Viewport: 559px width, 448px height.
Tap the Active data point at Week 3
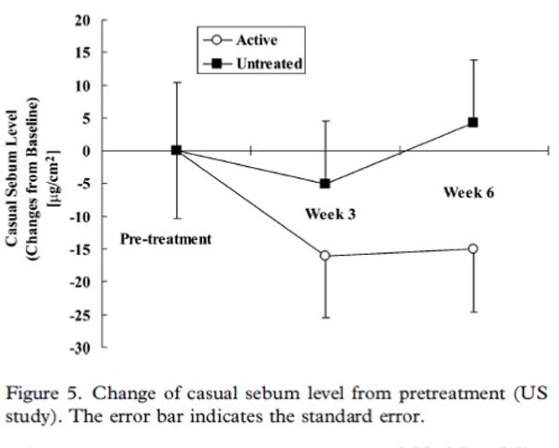tap(325, 255)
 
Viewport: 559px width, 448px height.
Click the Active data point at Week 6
tap(473, 248)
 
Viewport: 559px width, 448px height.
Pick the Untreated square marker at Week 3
tap(325, 184)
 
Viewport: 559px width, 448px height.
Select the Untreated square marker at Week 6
tap(473, 122)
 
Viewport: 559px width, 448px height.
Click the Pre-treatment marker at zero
tap(176, 151)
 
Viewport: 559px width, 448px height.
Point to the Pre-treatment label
tap(166, 239)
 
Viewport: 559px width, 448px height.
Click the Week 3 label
tap(331, 213)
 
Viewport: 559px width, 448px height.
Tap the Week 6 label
tap(469, 192)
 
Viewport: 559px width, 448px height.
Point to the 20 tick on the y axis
tap(84, 19)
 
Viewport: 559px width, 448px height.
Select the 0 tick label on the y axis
tap(88, 151)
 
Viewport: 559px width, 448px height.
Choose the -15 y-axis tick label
tap(81, 248)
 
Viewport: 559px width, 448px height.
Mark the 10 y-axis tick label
tap(84, 85)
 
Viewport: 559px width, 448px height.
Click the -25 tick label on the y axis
tap(81, 315)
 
